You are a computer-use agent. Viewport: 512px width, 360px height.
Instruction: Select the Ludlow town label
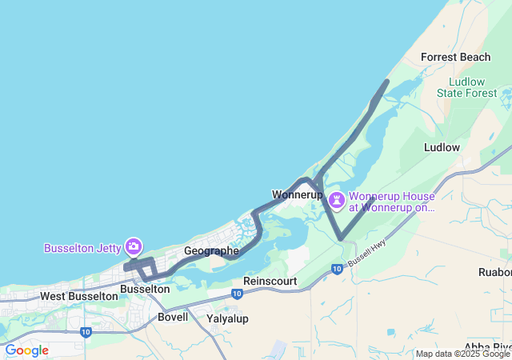pos(442,147)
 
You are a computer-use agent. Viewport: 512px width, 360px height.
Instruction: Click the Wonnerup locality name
pos(297,194)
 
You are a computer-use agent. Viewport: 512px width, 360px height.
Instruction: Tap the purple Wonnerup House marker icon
pos(337,198)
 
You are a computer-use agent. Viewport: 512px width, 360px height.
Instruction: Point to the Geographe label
pos(211,251)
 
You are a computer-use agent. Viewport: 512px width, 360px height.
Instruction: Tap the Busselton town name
pos(144,289)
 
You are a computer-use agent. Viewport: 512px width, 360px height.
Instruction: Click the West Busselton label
pos(78,296)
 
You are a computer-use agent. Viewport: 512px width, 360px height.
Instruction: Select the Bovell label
pos(173,317)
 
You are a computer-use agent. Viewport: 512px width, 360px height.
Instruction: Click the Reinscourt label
pos(270,282)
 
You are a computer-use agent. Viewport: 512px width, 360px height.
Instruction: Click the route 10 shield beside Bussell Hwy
pos(337,269)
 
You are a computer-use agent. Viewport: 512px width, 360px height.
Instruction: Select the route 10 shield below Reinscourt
pos(237,294)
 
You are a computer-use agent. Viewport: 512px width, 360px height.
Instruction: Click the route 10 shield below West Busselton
pos(86,331)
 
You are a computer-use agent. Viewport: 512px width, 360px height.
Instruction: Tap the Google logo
pos(26,350)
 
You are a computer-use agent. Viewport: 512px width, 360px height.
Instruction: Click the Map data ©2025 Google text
pos(462,354)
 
